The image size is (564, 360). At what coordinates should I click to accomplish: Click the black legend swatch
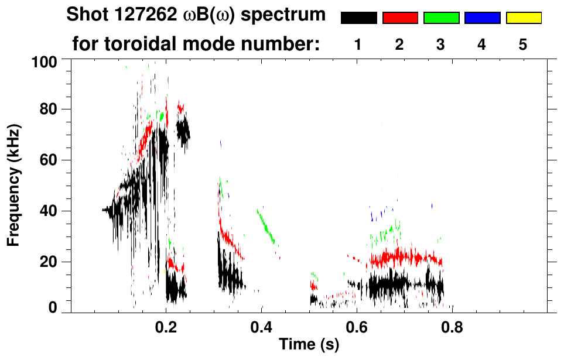[x=358, y=18]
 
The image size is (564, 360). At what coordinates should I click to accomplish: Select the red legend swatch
[x=399, y=18]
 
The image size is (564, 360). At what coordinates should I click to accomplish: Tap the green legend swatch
[x=440, y=18]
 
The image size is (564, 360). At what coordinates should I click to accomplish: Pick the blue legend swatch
[x=482, y=18]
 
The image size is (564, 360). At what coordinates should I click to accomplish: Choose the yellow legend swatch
[x=523, y=18]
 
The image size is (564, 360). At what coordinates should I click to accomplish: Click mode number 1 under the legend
[x=358, y=44]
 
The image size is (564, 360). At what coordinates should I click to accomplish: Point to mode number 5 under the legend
[x=522, y=44]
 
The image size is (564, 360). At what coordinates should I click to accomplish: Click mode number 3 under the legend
[x=440, y=44]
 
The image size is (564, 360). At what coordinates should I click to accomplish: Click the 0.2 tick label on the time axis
[x=166, y=327]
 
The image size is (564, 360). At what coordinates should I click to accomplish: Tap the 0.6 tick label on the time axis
[x=357, y=327]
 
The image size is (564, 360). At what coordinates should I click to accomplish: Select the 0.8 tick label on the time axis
[x=452, y=327]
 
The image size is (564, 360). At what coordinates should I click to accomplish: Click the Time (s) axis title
[x=309, y=345]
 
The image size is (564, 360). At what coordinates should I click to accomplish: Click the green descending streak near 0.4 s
[x=266, y=226]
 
